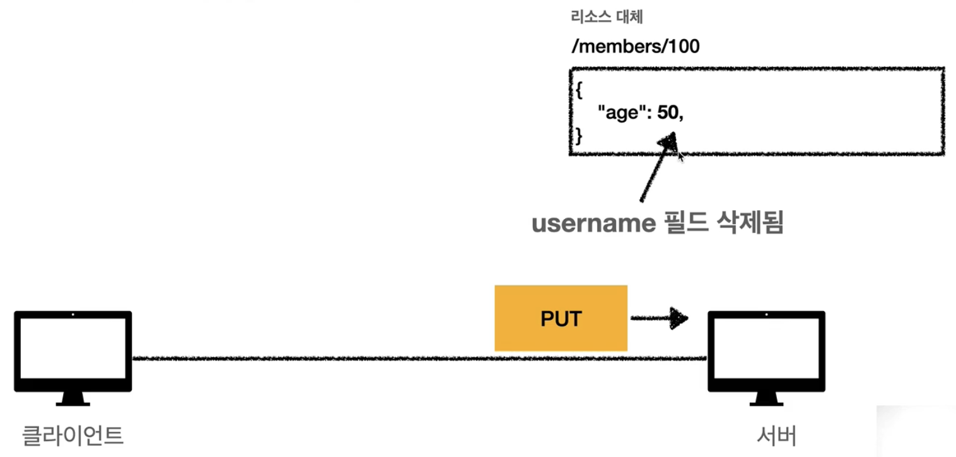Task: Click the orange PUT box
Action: click(x=561, y=318)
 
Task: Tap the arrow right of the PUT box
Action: click(x=659, y=318)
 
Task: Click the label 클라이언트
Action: click(x=73, y=435)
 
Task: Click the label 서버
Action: click(x=776, y=435)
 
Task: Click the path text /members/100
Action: click(x=635, y=47)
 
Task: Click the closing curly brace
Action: click(x=578, y=134)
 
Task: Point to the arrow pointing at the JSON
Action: click(x=657, y=167)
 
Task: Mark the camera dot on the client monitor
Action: click(x=73, y=314)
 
